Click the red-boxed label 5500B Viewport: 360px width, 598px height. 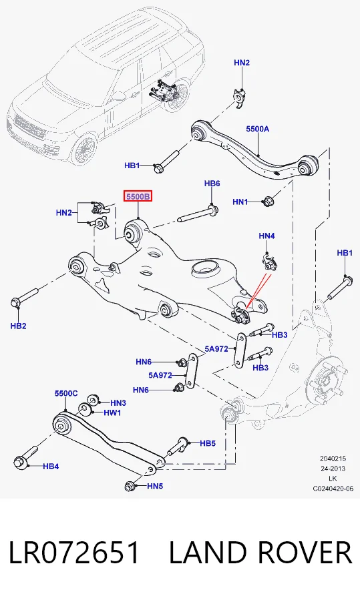click(x=138, y=196)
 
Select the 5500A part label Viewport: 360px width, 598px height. click(x=257, y=129)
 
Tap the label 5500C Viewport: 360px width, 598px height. click(x=65, y=393)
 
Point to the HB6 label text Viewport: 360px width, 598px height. click(x=212, y=184)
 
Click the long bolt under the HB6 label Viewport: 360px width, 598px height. click(x=198, y=214)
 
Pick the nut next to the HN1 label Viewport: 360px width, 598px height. click(x=268, y=201)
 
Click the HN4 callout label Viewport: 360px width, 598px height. click(x=266, y=236)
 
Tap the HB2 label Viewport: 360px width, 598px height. click(x=18, y=326)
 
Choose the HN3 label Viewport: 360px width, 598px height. click(x=118, y=402)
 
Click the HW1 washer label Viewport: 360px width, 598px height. click(x=112, y=412)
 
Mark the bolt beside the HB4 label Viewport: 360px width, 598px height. click(x=25, y=457)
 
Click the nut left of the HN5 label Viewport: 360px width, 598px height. click(x=130, y=487)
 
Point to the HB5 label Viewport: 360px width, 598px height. click(x=208, y=443)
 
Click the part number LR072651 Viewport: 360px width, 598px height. click(x=74, y=553)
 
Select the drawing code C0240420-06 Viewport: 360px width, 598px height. click(x=333, y=488)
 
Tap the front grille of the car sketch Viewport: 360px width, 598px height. click(x=29, y=127)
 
